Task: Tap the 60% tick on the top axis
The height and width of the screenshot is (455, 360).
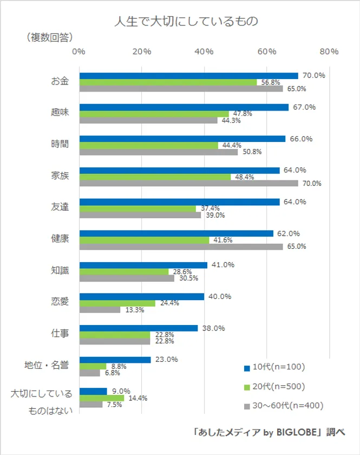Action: coord(266,51)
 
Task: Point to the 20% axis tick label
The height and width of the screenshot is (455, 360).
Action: coord(141,51)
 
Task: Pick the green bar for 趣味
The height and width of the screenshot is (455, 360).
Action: coord(154,114)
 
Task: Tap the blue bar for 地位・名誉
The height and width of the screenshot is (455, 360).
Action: coord(115,360)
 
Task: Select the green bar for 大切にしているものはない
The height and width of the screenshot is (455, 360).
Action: coord(102,398)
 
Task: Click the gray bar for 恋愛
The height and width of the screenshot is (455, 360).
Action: coord(100,310)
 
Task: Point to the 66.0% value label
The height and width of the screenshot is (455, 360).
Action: coord(302,139)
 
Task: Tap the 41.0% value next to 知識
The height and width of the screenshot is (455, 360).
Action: coord(223,265)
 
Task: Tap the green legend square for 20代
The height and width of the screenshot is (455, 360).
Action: coord(246,387)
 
